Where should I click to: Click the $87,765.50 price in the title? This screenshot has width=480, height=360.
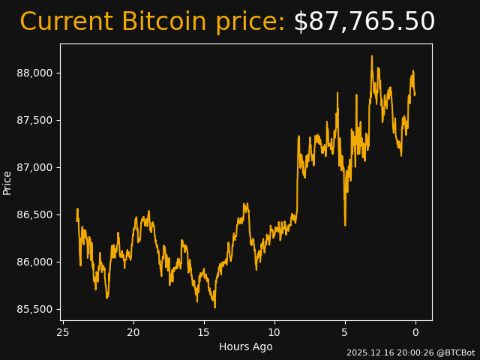pyautogui.click(x=364, y=22)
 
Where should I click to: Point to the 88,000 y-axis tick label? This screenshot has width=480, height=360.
pyautogui.click(x=35, y=73)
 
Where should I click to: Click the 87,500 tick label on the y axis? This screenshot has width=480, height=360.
pyautogui.click(x=35, y=120)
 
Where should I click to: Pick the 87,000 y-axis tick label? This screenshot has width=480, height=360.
pyautogui.click(x=35, y=167)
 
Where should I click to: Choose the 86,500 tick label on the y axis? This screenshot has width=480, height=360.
pyautogui.click(x=35, y=214)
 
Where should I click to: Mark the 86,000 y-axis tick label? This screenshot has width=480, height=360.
pyautogui.click(x=35, y=262)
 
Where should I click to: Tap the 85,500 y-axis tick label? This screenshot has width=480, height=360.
pyautogui.click(x=35, y=309)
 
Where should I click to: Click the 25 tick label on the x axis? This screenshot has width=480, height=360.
pyautogui.click(x=63, y=332)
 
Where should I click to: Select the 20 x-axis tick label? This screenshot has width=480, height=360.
pyautogui.click(x=133, y=332)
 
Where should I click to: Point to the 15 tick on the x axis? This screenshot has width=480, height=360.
pyautogui.click(x=204, y=332)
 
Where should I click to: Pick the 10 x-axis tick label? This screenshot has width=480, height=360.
pyautogui.click(x=274, y=332)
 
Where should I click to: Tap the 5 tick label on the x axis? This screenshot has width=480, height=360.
pyautogui.click(x=345, y=332)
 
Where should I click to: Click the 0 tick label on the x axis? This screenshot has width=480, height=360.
pyautogui.click(x=415, y=332)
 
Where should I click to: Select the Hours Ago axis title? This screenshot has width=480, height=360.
pyautogui.click(x=246, y=346)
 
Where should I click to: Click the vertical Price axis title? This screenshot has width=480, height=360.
pyautogui.click(x=7, y=183)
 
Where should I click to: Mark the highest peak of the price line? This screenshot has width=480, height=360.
pyautogui.click(x=371, y=56)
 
